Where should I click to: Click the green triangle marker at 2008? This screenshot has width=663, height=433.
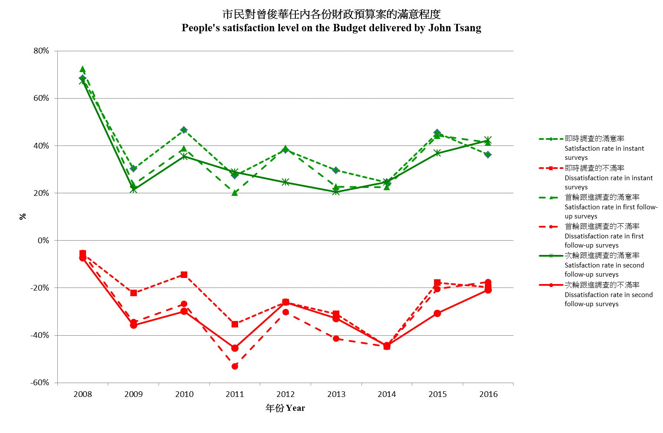coord(83,69)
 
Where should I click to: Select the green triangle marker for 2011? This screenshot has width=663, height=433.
coord(235,193)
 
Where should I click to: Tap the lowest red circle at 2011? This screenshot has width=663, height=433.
coord(235,366)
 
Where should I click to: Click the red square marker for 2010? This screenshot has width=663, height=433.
coord(184,274)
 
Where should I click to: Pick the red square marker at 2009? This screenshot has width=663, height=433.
coord(133,293)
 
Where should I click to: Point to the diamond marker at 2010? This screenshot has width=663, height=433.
coord(184,130)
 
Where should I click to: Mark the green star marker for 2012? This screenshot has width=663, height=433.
coord(285,182)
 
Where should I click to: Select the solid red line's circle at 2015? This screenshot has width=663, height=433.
coord(437,313)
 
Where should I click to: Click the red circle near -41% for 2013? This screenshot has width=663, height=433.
coord(336,338)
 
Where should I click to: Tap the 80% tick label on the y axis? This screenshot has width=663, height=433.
coord(41,51)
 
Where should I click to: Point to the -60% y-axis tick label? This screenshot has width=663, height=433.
coord(40,383)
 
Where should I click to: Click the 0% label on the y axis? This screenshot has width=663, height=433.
coord(43,240)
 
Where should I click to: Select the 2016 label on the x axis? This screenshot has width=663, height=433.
coord(488,394)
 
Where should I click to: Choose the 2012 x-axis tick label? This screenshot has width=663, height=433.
coord(285,394)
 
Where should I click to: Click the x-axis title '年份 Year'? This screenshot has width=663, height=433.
coord(285,408)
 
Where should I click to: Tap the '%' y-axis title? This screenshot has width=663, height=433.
coord(23,216)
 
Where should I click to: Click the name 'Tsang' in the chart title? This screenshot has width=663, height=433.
coord(467,28)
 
